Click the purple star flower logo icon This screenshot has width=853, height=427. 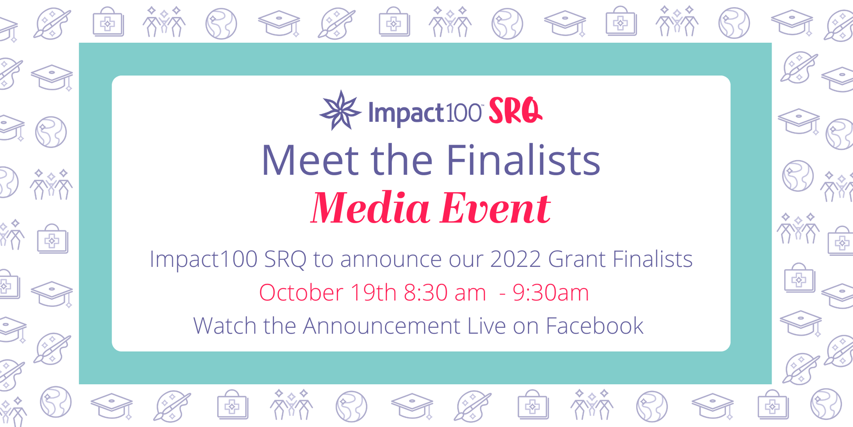pos(340,111)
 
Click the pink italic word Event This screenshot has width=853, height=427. pos(495,208)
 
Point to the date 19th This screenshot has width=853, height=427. pos(373,293)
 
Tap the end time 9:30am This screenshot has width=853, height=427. pos(551,293)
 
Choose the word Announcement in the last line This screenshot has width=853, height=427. pos(382,326)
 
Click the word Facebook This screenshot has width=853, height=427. pos(594,326)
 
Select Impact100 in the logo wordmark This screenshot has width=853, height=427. pos(425,113)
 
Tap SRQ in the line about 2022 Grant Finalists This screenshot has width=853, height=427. pos(285,260)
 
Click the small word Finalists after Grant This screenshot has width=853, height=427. pos(653,259)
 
